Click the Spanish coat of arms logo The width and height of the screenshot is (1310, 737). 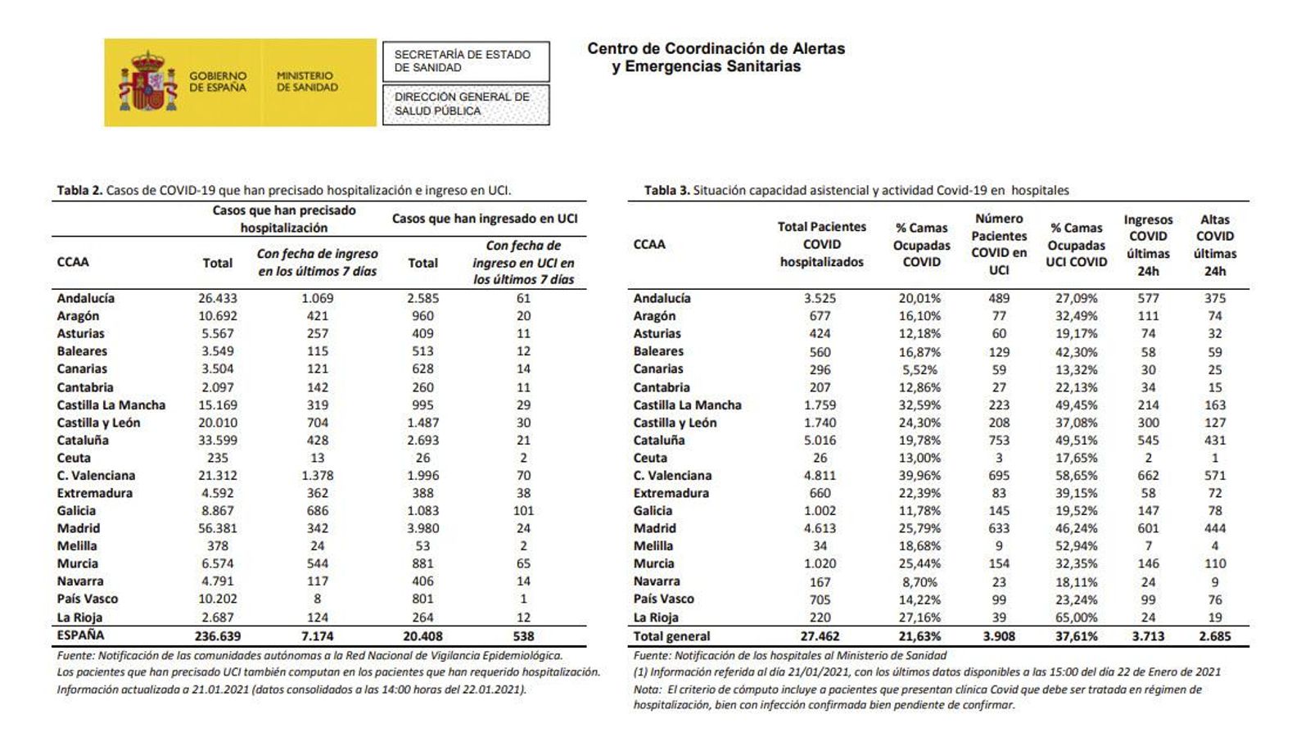148,82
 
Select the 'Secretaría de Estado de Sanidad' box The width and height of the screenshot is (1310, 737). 465,61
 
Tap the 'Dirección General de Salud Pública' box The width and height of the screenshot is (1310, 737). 465,104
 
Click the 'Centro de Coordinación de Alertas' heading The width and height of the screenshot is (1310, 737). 716,49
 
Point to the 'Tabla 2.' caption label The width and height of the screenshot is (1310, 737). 79,191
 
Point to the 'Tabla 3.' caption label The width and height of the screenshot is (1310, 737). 666,191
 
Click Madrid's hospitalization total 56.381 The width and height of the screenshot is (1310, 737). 217,528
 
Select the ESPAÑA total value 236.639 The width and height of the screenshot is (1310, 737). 217,635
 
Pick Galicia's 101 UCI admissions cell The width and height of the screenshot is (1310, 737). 523,511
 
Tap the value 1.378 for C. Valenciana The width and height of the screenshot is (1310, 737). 317,476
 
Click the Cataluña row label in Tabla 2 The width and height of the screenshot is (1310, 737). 83,441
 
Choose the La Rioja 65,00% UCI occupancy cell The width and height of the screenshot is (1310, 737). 1076,617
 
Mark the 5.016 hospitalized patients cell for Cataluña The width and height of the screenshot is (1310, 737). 820,441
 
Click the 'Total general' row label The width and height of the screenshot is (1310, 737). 671,636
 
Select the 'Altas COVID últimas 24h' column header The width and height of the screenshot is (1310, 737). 1214,245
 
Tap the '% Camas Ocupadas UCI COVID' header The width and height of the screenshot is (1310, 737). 1077,245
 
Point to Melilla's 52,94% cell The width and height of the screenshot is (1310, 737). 1076,546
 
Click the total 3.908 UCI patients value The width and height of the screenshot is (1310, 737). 999,636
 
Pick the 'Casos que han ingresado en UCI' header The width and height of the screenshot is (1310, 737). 485,219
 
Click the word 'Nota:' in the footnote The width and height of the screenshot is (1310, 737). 647,690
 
